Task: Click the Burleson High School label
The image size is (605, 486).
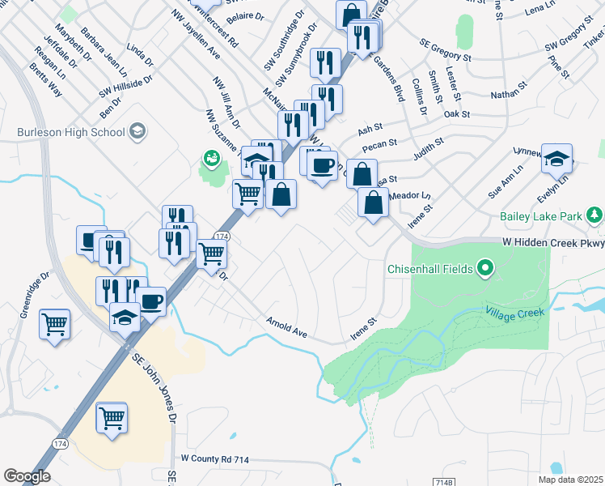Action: click(71, 131)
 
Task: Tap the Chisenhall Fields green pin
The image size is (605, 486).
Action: click(485, 267)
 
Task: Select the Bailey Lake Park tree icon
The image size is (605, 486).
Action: click(595, 215)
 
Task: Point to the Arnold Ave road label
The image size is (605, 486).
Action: click(287, 326)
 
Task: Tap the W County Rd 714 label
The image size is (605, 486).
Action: click(215, 458)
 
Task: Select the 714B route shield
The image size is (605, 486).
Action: click(455, 483)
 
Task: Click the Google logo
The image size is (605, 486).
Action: click(27, 476)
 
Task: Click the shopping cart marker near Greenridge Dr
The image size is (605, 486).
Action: click(55, 325)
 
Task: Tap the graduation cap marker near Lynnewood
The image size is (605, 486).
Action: click(556, 159)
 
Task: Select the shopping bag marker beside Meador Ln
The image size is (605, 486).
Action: click(373, 203)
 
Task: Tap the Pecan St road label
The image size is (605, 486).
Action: click(379, 146)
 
